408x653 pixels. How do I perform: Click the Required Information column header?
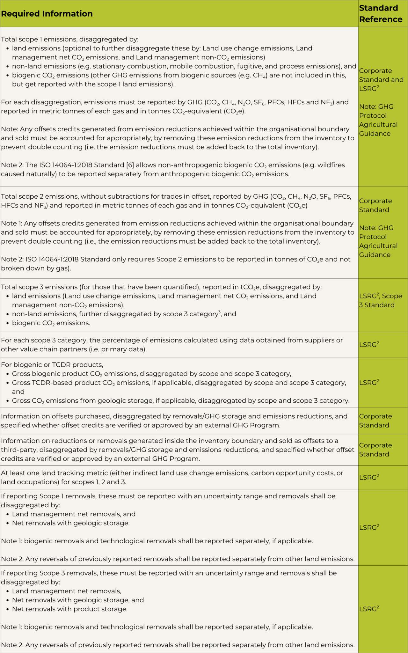(47, 14)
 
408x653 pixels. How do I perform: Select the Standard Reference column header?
(381, 14)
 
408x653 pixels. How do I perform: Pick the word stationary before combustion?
(109, 66)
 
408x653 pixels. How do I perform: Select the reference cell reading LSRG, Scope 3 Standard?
(381, 300)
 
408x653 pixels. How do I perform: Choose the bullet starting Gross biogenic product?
(151, 374)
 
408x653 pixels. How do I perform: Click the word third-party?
(19, 450)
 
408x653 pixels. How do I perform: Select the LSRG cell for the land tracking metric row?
(369, 477)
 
